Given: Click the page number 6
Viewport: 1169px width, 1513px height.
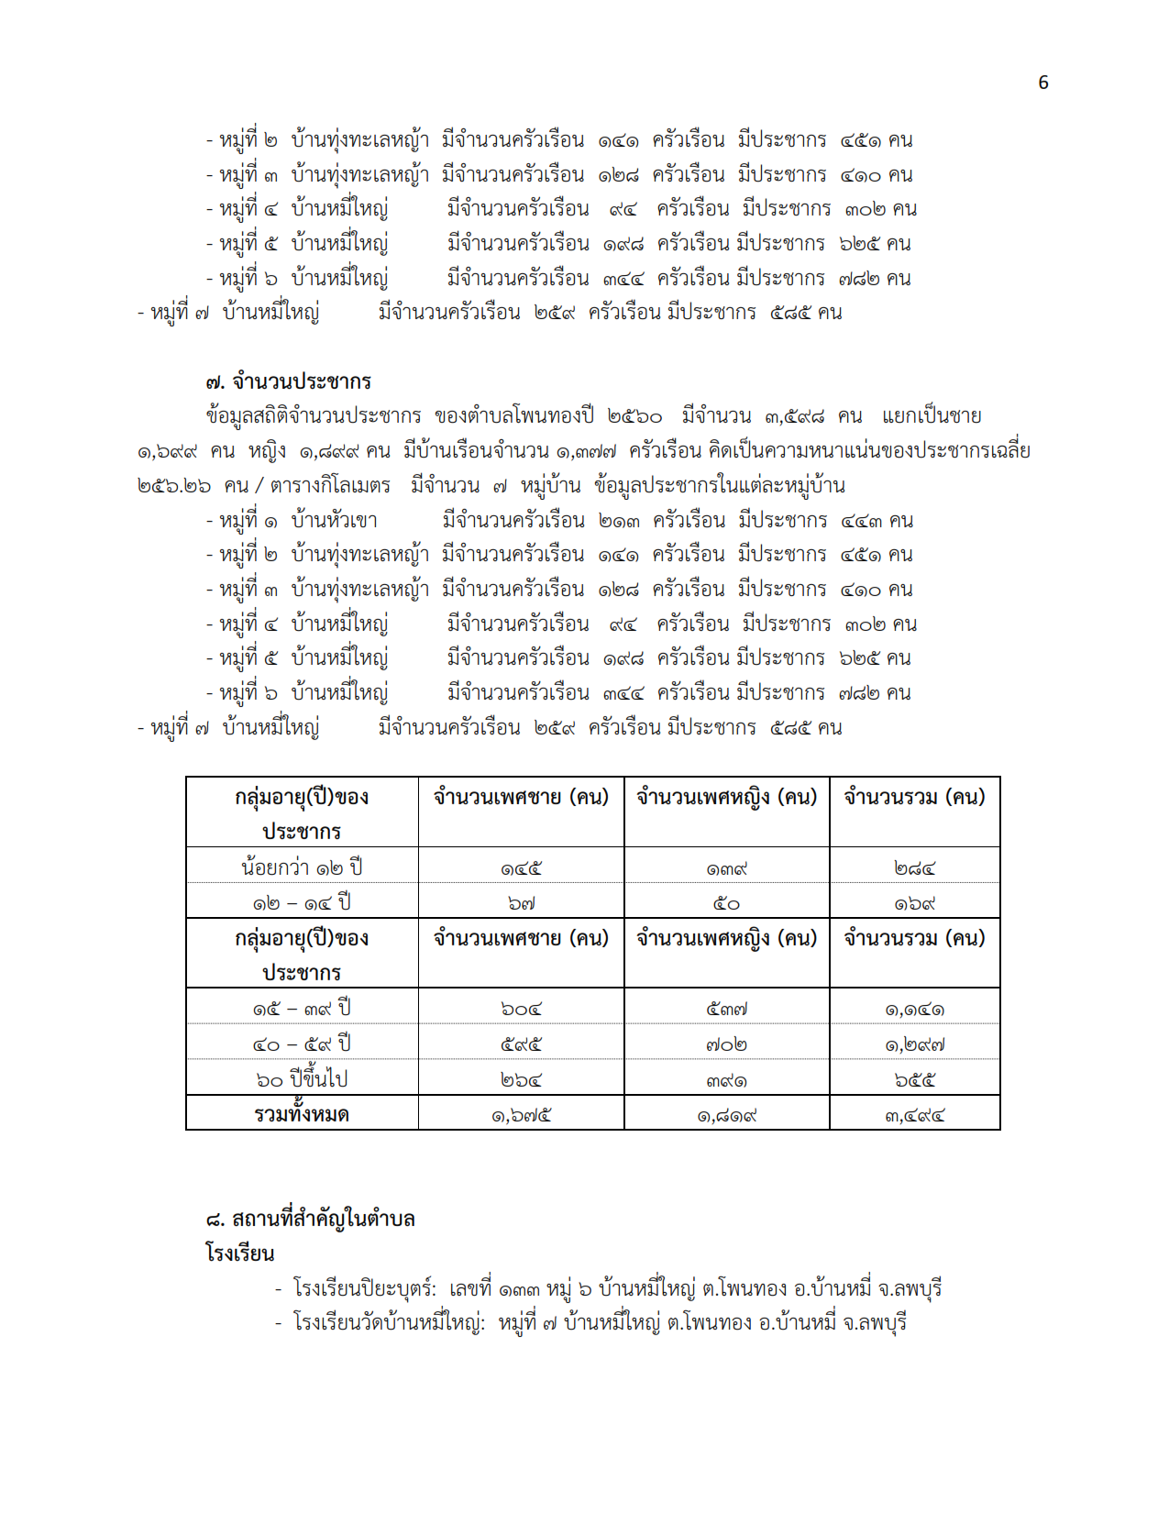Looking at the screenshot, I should (1042, 83).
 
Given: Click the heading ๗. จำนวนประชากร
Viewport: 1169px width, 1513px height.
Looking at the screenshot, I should (288, 381).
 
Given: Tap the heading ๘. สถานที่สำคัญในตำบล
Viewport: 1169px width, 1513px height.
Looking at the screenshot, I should (310, 1219).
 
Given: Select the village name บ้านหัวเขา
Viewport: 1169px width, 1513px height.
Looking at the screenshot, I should (334, 521).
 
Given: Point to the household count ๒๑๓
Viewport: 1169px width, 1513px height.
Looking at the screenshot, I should (619, 521).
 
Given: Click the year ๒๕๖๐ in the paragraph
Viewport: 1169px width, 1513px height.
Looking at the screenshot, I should (634, 416).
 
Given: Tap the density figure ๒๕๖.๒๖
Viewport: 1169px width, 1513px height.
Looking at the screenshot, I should (174, 485).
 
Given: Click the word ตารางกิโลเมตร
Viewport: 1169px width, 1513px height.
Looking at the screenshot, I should (330, 485).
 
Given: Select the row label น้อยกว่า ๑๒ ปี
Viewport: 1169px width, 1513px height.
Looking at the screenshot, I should (302, 867).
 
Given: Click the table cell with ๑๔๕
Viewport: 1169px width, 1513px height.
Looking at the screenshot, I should (521, 867).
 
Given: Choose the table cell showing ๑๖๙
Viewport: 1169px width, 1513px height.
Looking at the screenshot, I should (914, 903).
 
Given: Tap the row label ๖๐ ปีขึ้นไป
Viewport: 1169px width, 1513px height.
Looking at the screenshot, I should (302, 1079).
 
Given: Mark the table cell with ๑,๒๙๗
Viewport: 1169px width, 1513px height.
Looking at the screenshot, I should (914, 1044).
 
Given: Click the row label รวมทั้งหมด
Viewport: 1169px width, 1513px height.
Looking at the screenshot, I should (302, 1115).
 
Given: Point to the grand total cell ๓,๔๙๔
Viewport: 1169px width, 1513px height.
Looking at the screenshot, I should (914, 1116).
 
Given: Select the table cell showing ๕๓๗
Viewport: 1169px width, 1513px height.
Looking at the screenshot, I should (726, 1009).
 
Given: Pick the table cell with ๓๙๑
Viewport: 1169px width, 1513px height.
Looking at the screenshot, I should (726, 1080).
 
